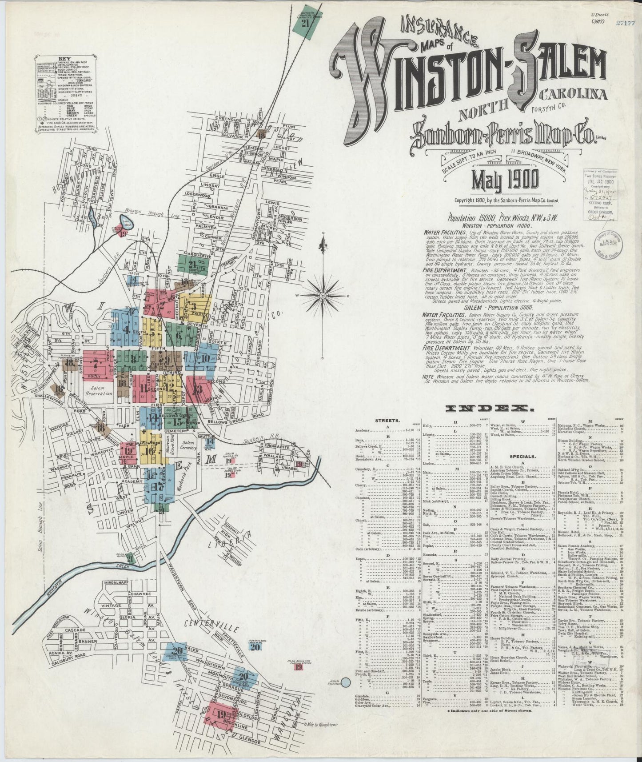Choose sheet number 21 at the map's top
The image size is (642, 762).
305,24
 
